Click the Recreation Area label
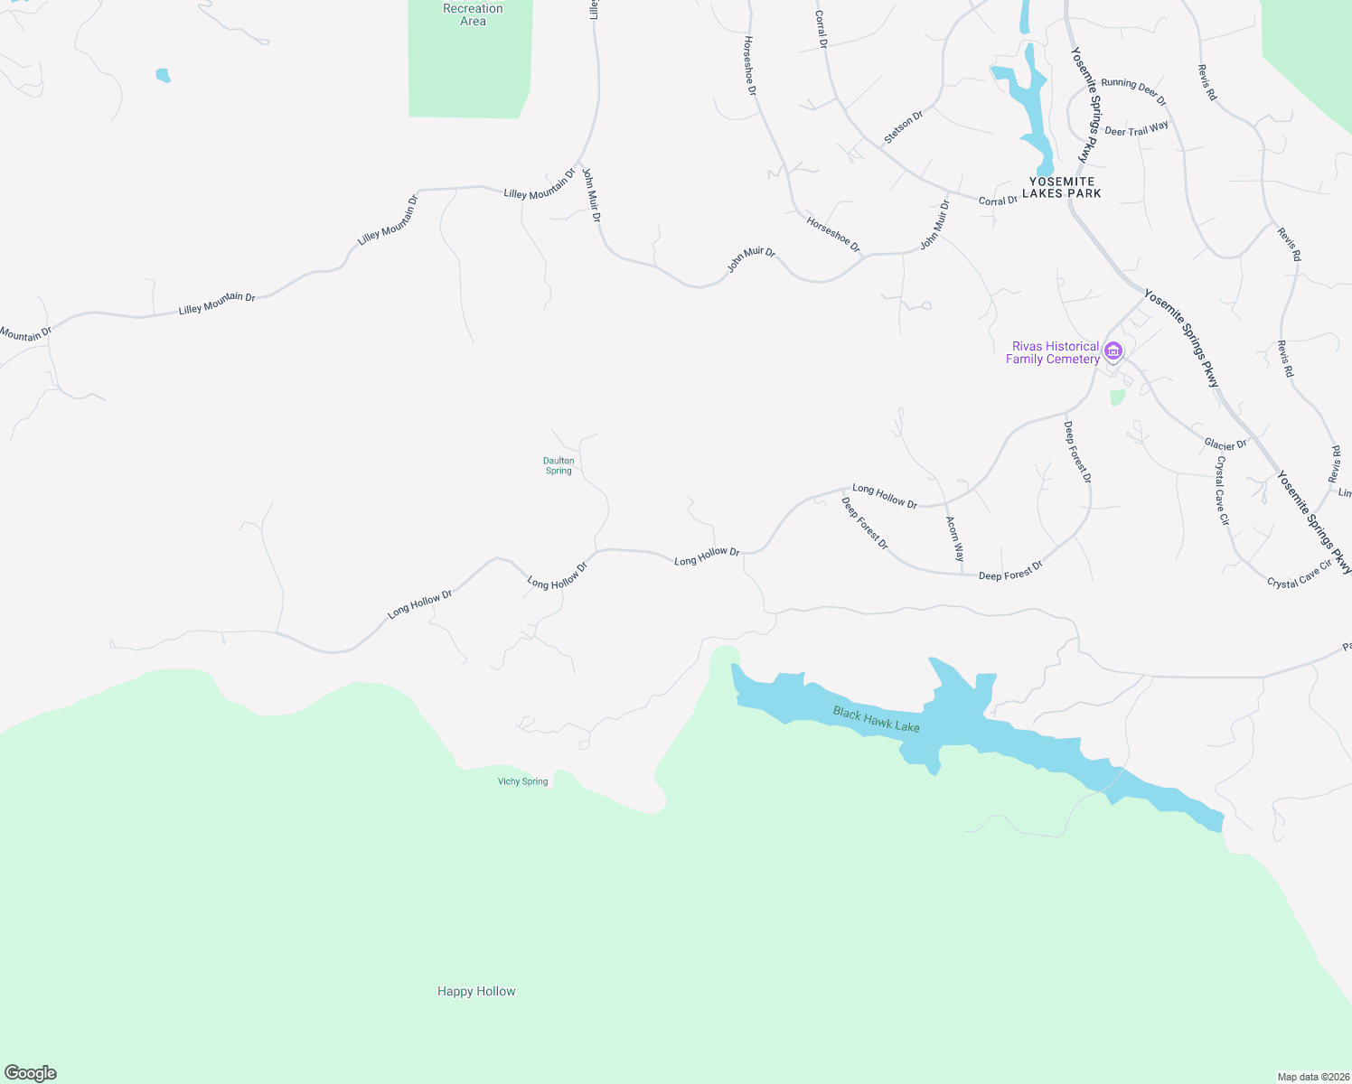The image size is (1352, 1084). [x=473, y=14]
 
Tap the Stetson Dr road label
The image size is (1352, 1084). [x=904, y=127]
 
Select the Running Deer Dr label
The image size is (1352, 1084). [x=1133, y=90]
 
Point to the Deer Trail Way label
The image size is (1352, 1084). [x=1136, y=130]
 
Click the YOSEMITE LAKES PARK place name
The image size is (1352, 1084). [x=1062, y=187]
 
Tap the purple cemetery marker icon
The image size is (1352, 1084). [x=1113, y=350]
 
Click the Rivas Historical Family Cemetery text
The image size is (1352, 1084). [x=1053, y=352]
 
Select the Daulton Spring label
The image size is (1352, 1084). [x=559, y=465]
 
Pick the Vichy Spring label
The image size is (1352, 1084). [x=522, y=781]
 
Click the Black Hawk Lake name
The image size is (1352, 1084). [x=876, y=719]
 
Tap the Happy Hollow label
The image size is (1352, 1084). [x=476, y=991]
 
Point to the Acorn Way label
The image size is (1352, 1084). [x=954, y=538]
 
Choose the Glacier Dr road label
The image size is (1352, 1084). [x=1225, y=444]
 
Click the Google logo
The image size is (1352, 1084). [x=31, y=1073]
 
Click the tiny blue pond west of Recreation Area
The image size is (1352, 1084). [x=164, y=75]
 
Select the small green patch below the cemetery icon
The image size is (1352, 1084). [x=1118, y=397]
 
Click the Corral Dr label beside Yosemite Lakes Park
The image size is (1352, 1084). [x=998, y=201]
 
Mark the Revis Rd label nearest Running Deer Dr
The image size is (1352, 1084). [x=1207, y=82]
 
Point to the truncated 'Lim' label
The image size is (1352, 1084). [x=1345, y=492]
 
